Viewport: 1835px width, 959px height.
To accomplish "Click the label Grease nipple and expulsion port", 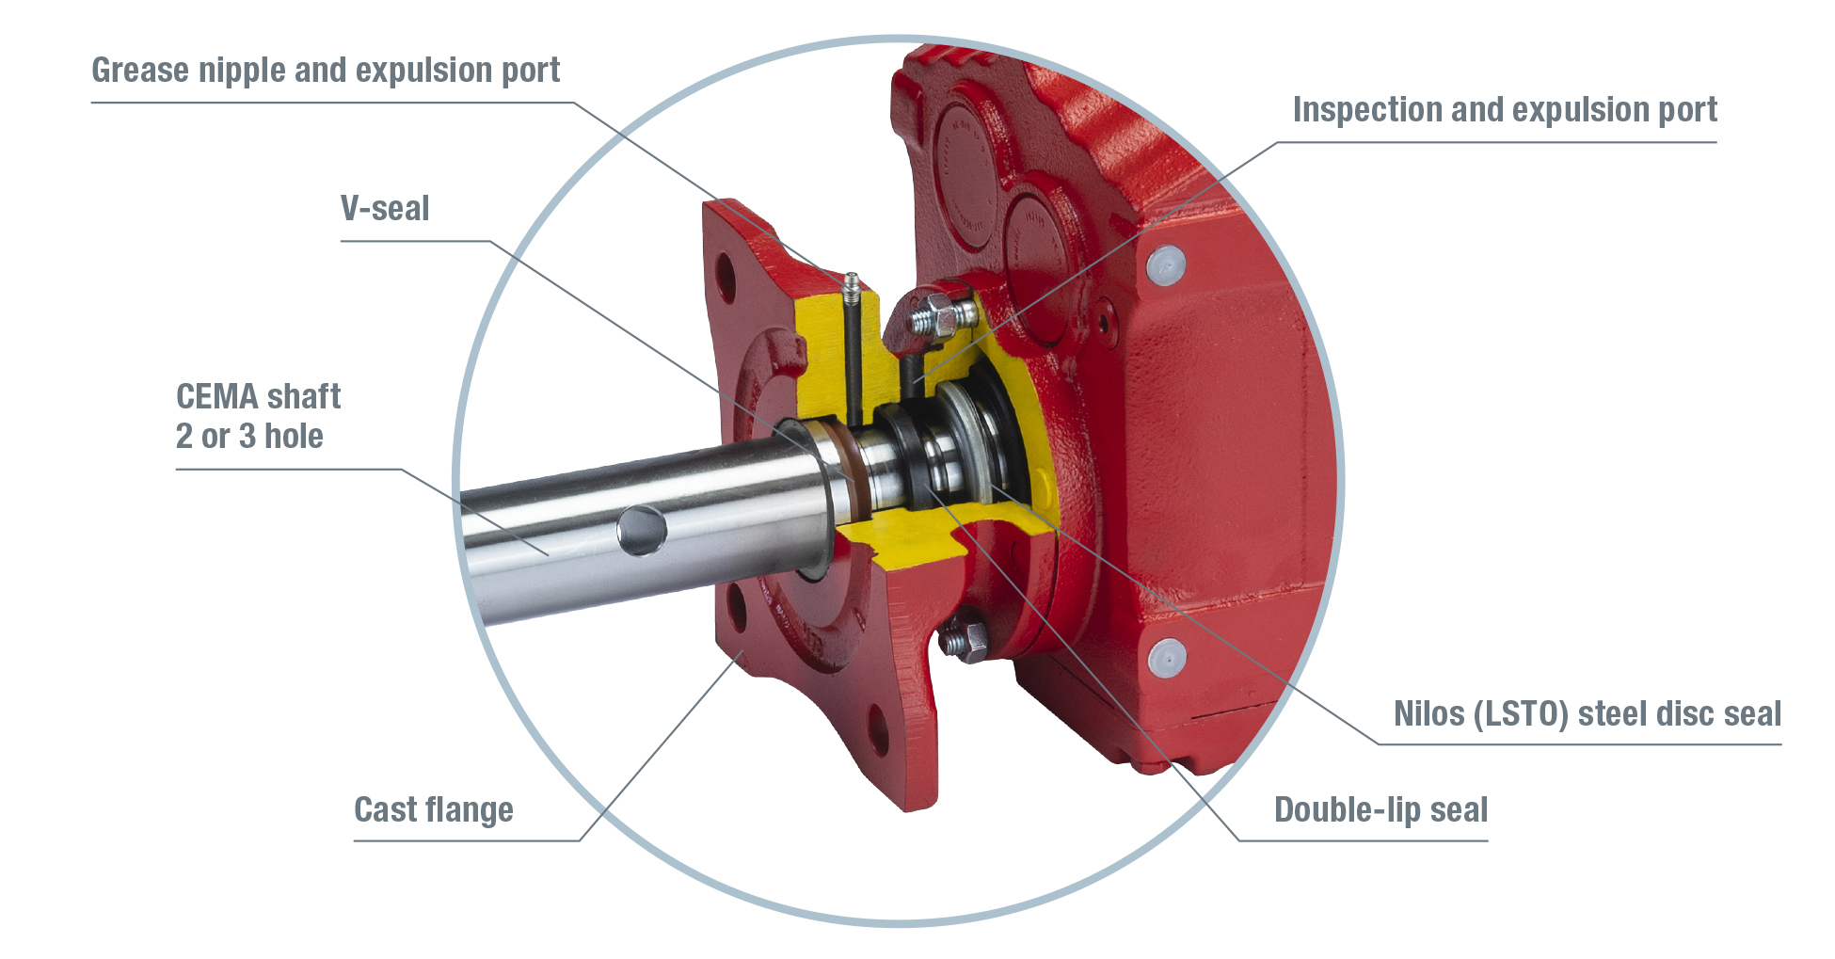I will click(325, 71).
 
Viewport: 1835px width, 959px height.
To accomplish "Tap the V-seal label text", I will click(385, 208).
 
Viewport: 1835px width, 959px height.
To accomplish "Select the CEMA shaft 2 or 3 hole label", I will click(257, 416).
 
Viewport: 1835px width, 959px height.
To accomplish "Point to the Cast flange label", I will click(433, 809).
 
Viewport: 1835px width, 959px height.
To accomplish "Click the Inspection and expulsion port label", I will click(1504, 110).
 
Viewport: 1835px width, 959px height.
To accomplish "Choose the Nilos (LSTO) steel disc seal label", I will click(1587, 713).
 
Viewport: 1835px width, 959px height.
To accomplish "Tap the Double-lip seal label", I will click(1380, 809).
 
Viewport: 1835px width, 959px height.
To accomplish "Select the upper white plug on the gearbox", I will click(1165, 264).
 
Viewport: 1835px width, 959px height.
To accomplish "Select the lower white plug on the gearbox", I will click(1167, 656).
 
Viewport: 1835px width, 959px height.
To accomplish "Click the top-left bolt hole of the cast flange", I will click(726, 278).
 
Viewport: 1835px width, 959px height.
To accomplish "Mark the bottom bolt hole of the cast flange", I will click(877, 727).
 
